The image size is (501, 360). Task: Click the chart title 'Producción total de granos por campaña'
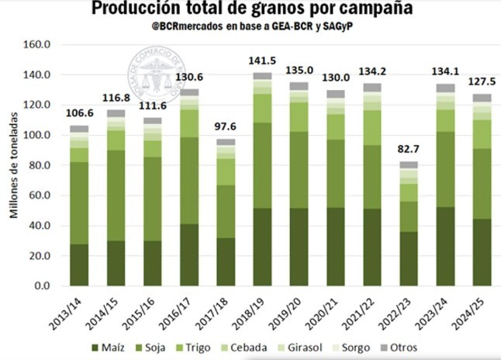point(251,9)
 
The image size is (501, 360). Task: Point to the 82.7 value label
point(408,149)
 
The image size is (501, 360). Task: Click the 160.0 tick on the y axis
point(36,45)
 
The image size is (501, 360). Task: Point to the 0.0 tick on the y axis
point(43,286)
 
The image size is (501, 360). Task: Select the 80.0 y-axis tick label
point(40,165)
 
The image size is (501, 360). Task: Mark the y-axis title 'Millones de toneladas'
point(13,164)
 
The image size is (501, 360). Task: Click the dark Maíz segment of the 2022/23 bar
point(408,258)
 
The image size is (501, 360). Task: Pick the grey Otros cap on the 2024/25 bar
point(482,98)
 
